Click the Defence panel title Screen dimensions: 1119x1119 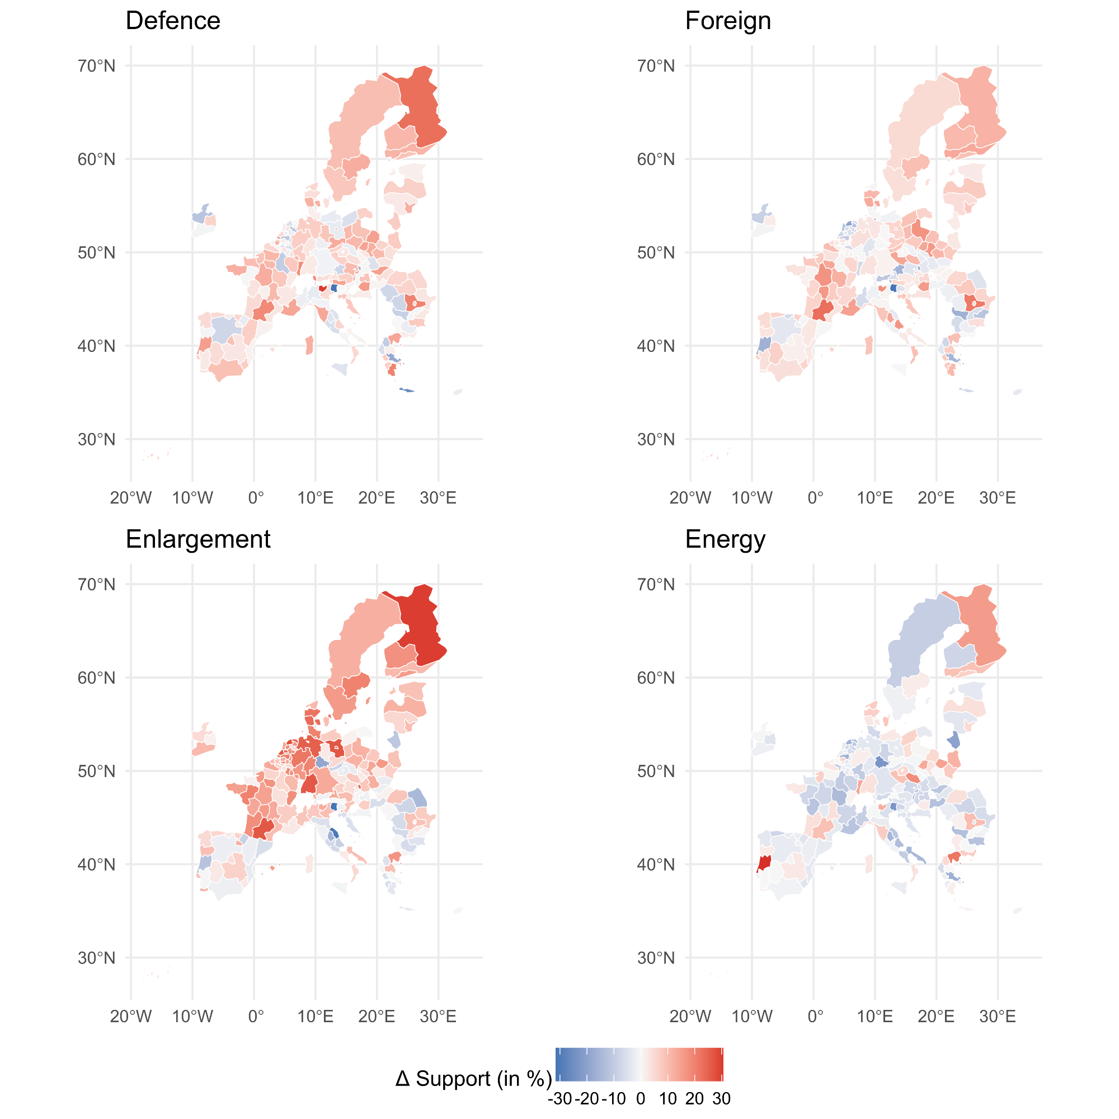point(172,21)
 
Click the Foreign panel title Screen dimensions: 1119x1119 point(727,21)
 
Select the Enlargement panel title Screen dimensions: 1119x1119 point(198,539)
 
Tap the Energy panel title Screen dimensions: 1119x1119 point(725,539)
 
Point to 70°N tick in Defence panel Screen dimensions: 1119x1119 point(97,66)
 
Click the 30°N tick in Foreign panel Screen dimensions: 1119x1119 point(656,440)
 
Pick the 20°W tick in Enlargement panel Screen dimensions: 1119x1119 point(131,1016)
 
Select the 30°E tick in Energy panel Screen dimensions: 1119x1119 point(998,1016)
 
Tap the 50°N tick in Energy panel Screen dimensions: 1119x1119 point(656,771)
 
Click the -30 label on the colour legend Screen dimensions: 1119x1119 point(559,1099)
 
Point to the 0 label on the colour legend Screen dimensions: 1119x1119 point(640,1099)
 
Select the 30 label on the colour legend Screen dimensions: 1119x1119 point(721,1099)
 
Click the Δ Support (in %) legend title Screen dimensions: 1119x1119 point(473,1079)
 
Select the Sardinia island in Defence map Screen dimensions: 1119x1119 point(309,345)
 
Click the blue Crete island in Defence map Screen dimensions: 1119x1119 point(407,391)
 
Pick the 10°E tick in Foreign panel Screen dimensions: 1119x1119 point(874,497)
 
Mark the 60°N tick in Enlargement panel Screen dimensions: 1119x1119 point(97,678)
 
